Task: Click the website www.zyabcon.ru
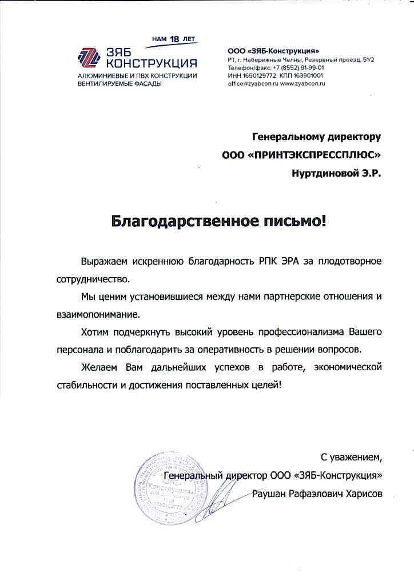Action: [303, 83]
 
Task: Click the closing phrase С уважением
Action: [350, 456]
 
